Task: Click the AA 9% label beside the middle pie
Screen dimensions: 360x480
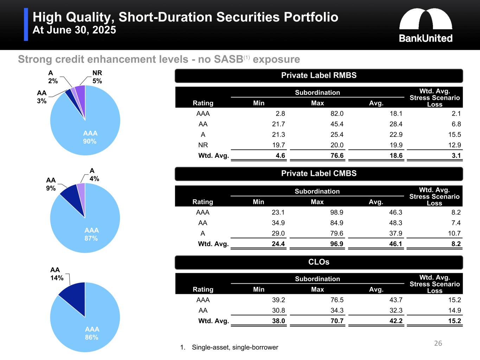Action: [x=51, y=184]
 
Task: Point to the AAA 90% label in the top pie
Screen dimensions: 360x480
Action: [x=90, y=137]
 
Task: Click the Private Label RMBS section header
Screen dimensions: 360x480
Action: [x=319, y=75]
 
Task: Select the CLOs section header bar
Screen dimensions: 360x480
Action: [x=319, y=262]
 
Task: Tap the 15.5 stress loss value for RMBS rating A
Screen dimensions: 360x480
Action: [x=454, y=135]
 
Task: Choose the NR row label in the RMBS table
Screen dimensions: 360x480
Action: [x=203, y=145]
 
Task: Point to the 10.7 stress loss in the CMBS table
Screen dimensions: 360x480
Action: [x=454, y=233]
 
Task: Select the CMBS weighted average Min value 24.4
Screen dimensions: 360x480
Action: [x=278, y=244]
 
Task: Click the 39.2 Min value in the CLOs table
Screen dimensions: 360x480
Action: [x=278, y=300]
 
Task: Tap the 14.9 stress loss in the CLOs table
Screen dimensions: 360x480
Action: [x=454, y=310]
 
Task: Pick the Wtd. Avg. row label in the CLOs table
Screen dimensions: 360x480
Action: [x=213, y=321]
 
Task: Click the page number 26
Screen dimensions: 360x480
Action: [x=438, y=343]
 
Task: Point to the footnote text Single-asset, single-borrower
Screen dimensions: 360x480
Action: [x=235, y=347]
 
